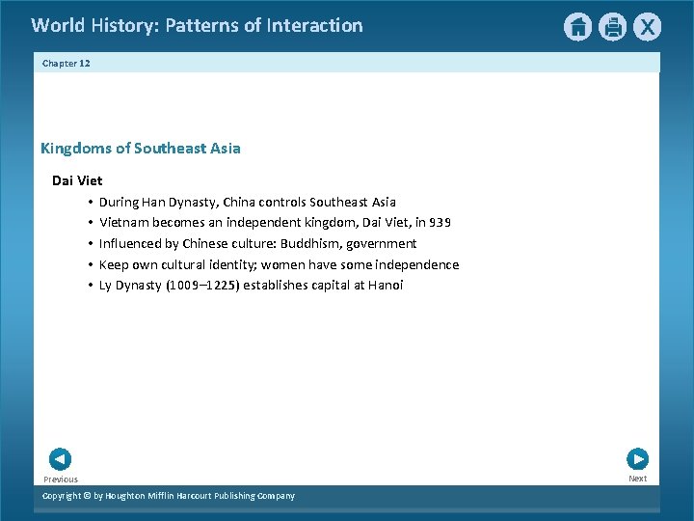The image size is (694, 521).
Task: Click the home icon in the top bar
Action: click(577, 27)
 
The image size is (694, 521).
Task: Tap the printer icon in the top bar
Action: click(612, 27)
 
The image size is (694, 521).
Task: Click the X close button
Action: click(647, 27)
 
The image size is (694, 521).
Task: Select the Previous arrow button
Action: click(60, 459)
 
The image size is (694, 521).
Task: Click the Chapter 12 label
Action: click(67, 63)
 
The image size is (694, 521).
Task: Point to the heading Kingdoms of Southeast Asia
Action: click(141, 149)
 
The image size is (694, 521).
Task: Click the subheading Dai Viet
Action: click(77, 180)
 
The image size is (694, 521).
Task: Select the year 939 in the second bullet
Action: click(440, 223)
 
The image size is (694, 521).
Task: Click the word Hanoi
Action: click(386, 286)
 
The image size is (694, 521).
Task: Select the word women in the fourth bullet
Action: click(280, 264)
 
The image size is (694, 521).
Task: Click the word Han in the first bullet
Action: click(152, 203)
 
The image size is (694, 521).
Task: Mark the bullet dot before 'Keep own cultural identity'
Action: click(88, 264)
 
